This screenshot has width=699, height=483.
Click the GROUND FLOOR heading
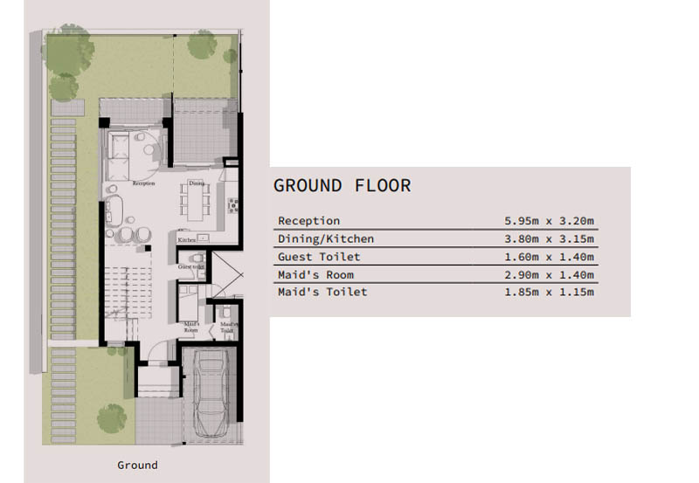pyautogui.click(x=342, y=186)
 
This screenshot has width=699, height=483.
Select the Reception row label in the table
pyautogui.click(x=308, y=221)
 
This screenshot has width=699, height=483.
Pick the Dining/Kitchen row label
pyautogui.click(x=325, y=238)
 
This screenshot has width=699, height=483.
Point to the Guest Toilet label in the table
pyautogui.click(x=318, y=257)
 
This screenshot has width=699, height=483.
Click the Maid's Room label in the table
pyautogui.click(x=315, y=274)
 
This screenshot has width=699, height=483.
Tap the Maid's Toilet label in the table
pyautogui.click(x=322, y=292)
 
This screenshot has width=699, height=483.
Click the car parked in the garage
pyautogui.click(x=209, y=392)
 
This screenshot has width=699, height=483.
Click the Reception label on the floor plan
pyautogui.click(x=143, y=184)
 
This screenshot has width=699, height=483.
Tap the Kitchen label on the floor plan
pyautogui.click(x=186, y=238)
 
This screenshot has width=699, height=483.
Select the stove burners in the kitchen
pyautogui.click(x=233, y=206)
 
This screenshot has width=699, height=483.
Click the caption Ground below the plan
pyautogui.click(x=137, y=465)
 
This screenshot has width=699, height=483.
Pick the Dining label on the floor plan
pyautogui.click(x=197, y=183)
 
